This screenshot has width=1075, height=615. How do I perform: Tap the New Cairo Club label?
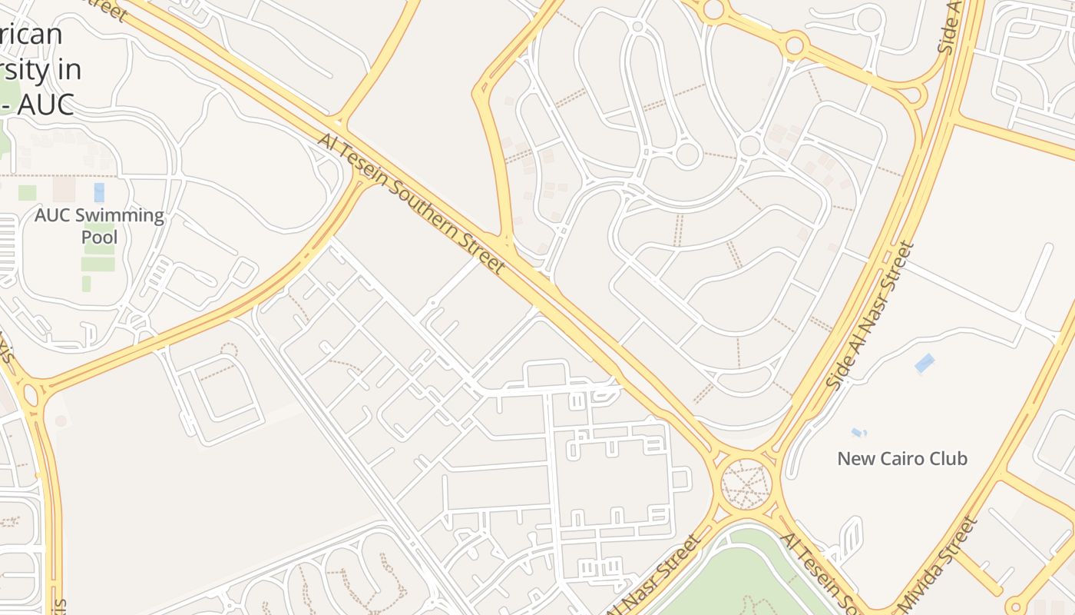pyautogui.click(x=902, y=459)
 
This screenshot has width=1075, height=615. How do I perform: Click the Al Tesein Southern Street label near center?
pyautogui.click(x=412, y=204)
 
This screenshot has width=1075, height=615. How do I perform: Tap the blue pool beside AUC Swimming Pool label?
pyautogui.click(x=99, y=192)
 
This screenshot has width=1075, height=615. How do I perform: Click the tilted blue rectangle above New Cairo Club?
pyautogui.click(x=925, y=363)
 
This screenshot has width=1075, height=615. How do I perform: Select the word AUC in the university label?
pyautogui.click(x=47, y=103)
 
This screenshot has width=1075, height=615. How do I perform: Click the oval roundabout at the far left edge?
pyautogui.click(x=31, y=395)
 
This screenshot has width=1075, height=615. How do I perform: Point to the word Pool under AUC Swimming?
pyautogui.click(x=100, y=237)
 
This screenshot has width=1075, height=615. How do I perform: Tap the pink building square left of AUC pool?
pyautogui.click(x=64, y=189)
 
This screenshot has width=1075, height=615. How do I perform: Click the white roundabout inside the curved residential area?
pyautogui.click(x=687, y=155)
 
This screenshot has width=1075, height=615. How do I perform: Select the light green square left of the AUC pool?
pyautogui.click(x=28, y=192)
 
